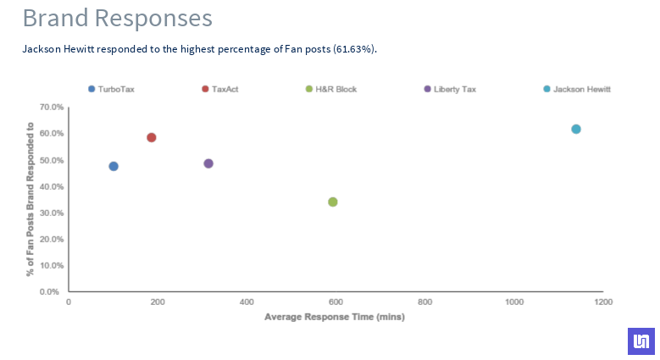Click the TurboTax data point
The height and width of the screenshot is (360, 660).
pyautogui.click(x=114, y=166)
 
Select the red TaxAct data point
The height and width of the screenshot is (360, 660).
pyautogui.click(x=152, y=137)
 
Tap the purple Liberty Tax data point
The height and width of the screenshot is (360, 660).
pyautogui.click(x=208, y=163)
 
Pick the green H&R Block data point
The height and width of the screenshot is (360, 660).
pyautogui.click(x=333, y=202)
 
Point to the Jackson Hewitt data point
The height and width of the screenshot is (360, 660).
pyautogui.click(x=576, y=129)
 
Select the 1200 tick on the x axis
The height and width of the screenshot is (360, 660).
pyautogui.click(x=603, y=302)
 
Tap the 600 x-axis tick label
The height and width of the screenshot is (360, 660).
pyautogui.click(x=336, y=302)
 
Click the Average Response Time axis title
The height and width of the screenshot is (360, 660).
pyautogui.click(x=335, y=318)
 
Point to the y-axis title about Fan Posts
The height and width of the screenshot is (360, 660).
pyautogui.click(x=31, y=199)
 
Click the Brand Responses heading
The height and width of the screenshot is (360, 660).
pyautogui.click(x=117, y=17)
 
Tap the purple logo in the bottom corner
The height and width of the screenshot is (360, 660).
pyautogui.click(x=641, y=341)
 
